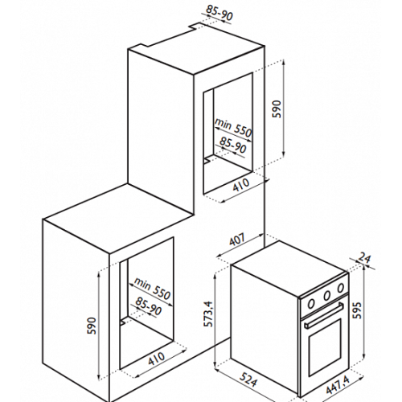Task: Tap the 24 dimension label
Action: [x=364, y=258]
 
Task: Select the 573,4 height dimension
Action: [x=208, y=314]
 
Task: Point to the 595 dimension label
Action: [x=357, y=310]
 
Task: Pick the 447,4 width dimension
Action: [x=338, y=385]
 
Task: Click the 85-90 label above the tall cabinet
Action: [x=219, y=13]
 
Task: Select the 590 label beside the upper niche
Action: [x=277, y=109]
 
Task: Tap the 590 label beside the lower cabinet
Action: [x=92, y=326]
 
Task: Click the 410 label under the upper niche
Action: [x=240, y=185]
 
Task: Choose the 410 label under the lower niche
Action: [x=157, y=359]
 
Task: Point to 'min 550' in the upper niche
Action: [x=233, y=128]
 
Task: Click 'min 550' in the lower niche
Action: [x=152, y=289]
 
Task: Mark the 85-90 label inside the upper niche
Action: [x=233, y=146]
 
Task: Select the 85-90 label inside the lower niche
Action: [x=149, y=306]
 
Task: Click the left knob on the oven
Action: [x=311, y=304]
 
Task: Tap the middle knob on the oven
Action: [x=326, y=296]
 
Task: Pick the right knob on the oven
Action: [x=341, y=288]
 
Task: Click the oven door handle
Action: [x=324, y=315]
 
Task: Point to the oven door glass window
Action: [x=325, y=347]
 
